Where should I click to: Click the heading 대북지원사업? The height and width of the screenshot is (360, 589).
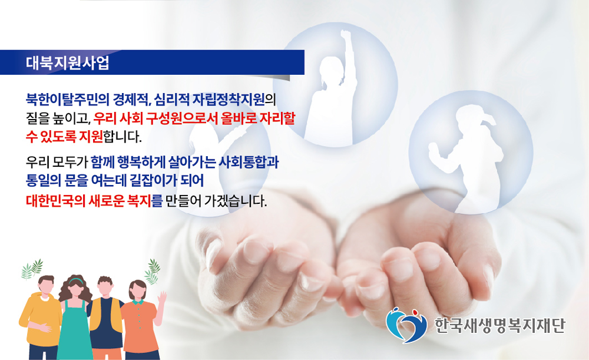click(68, 63)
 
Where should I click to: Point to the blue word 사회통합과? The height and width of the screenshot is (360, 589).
click(249, 163)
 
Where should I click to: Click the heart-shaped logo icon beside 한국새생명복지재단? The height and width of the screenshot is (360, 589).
click(406, 325)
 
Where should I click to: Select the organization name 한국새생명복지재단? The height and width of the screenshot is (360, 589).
click(499, 325)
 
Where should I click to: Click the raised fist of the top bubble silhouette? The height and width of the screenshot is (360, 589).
click(346, 36)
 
